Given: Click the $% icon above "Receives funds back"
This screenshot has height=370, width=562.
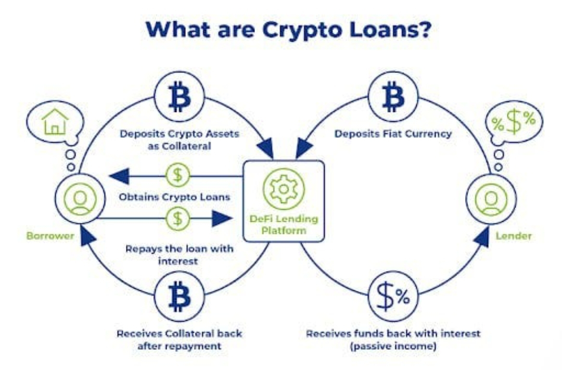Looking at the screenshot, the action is pyautogui.click(x=393, y=297).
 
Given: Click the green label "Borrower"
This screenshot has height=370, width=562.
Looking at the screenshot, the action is pyautogui.click(x=50, y=236).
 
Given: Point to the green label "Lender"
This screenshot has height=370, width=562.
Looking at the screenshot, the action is pyautogui.click(x=514, y=236).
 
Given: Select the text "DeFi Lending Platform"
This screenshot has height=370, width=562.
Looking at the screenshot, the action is pyautogui.click(x=284, y=224).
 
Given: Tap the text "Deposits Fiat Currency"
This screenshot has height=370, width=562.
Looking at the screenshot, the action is pyautogui.click(x=393, y=134).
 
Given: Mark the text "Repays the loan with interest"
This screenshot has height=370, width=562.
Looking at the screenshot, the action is pyautogui.click(x=179, y=254).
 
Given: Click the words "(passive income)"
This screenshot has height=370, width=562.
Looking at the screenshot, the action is pyautogui.click(x=393, y=346).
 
